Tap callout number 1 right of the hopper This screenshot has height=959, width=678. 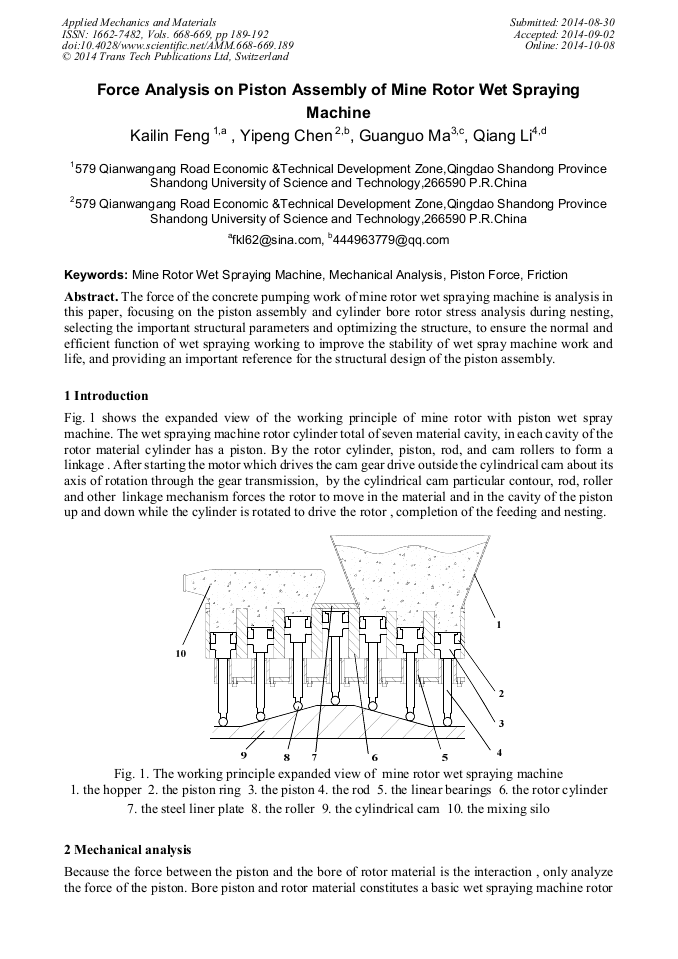click(498, 623)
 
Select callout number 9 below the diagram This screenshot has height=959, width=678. click(244, 754)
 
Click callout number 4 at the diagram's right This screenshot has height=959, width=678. click(499, 751)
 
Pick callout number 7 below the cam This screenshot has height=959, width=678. click(314, 756)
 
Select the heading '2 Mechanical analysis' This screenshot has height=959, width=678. click(127, 850)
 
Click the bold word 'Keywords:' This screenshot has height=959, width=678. click(96, 275)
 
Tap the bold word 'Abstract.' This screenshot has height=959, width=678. click(92, 297)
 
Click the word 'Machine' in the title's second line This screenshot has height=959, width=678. click(339, 112)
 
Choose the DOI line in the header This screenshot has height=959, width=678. click(177, 46)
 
